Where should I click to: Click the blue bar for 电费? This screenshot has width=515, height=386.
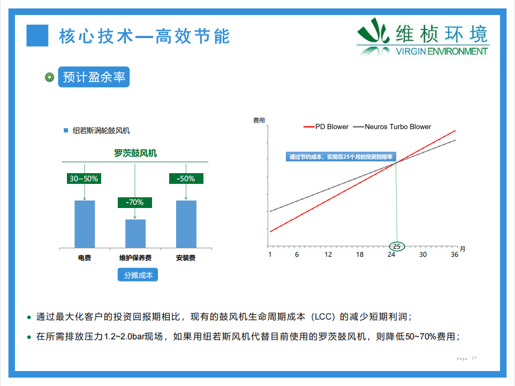(x=85, y=224)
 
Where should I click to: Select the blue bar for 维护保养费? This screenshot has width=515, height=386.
(x=135, y=233)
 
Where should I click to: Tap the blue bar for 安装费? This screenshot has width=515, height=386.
(x=186, y=224)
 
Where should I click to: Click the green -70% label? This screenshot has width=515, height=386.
(x=135, y=203)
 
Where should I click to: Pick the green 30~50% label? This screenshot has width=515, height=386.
(x=84, y=179)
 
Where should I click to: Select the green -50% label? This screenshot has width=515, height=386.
(x=186, y=179)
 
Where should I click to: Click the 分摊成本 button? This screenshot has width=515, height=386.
(x=138, y=275)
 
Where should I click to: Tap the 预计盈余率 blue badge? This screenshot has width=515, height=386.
(x=94, y=77)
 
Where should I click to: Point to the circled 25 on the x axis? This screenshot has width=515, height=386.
(x=397, y=246)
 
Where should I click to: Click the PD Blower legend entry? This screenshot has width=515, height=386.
(x=326, y=127)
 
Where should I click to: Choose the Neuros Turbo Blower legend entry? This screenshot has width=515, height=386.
(x=392, y=127)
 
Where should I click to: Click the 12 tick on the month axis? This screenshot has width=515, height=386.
(x=328, y=255)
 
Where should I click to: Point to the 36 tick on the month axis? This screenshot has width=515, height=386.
(x=454, y=255)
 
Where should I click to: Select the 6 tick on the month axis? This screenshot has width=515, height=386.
(x=297, y=255)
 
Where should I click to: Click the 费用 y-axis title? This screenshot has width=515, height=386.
(x=259, y=120)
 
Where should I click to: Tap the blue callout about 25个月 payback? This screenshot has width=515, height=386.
(x=341, y=157)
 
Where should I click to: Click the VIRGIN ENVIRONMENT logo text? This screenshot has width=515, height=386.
(x=442, y=51)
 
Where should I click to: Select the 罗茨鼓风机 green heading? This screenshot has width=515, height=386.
(x=135, y=153)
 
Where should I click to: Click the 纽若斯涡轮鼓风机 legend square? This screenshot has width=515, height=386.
(x=66, y=130)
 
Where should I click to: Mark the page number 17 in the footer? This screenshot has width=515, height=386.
(x=474, y=358)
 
